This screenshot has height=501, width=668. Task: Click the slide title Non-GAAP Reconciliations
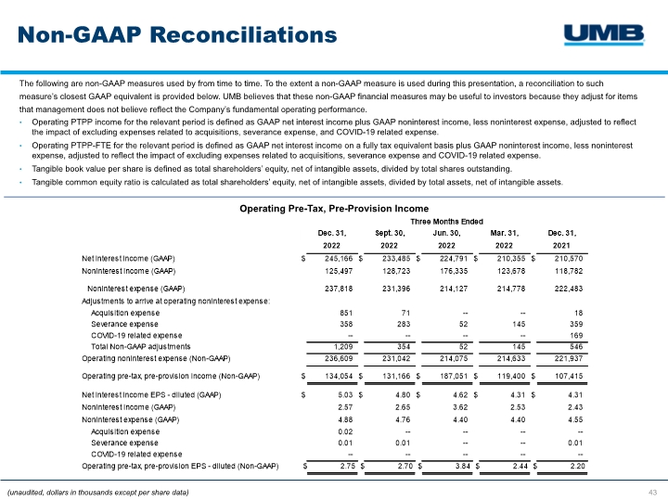click(177, 35)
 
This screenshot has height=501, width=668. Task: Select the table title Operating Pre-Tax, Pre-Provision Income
click(333, 209)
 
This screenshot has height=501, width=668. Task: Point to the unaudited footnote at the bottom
click(97, 491)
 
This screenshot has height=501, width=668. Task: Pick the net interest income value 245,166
click(336, 257)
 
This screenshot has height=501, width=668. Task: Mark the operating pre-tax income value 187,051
click(451, 376)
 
